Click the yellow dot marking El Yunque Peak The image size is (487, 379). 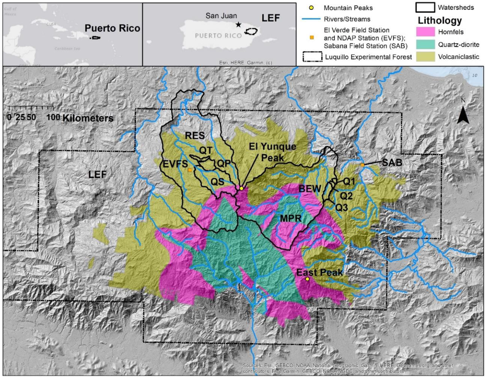click(x=241, y=188)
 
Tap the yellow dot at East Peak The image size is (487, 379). click(x=307, y=279)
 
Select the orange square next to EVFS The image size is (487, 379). click(x=190, y=170)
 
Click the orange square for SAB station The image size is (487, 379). click(x=362, y=165)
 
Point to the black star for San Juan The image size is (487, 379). click(x=238, y=25)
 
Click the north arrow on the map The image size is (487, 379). click(x=463, y=115)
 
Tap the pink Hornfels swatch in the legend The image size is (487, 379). click(x=425, y=32)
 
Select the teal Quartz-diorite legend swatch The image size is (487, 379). click(x=425, y=44)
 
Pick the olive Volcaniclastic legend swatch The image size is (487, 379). click(x=425, y=56)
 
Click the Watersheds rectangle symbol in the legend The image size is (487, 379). click(x=425, y=7)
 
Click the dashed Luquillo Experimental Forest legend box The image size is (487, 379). click(x=312, y=57)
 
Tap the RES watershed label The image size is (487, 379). click(x=195, y=136)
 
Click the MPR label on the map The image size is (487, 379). click(x=291, y=218)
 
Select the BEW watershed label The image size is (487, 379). click(x=310, y=189)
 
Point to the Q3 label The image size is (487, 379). click(x=342, y=207)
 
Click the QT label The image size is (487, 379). click(x=206, y=150)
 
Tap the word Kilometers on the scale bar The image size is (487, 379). click(x=88, y=118)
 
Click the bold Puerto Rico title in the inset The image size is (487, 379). click(x=112, y=28)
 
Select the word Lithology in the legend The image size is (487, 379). click(x=440, y=20)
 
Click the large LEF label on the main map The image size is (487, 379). click(x=97, y=174)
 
